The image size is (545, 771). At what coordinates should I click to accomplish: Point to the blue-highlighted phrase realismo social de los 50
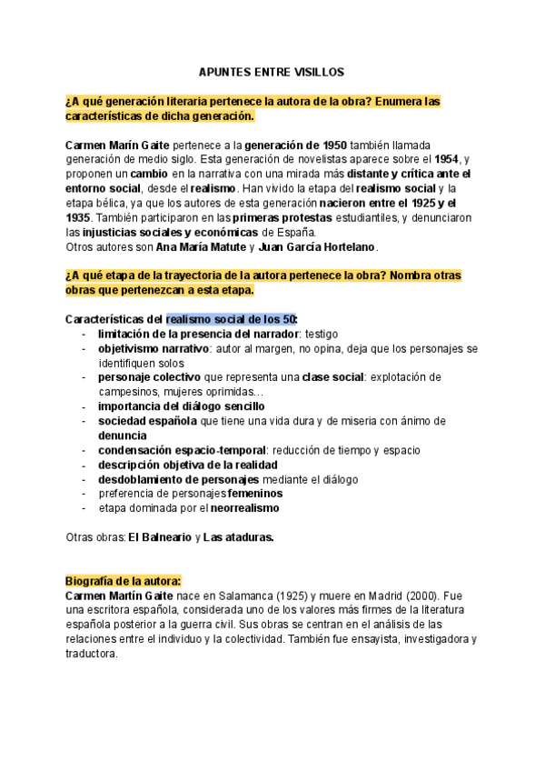point(232,320)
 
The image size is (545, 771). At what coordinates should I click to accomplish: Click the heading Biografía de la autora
point(124,581)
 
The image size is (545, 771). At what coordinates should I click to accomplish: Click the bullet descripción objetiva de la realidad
point(187,465)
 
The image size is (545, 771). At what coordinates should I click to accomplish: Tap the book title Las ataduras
point(238,537)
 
